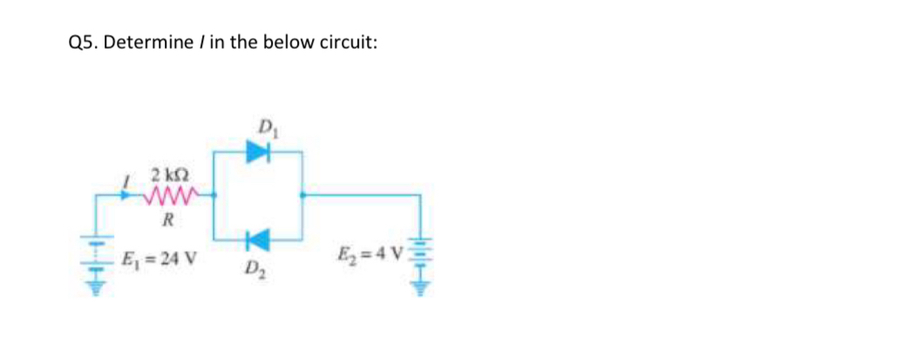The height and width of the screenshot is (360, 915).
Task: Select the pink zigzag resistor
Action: pyautogui.click(x=175, y=195)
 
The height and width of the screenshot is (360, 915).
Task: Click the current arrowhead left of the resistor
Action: pyautogui.click(x=132, y=195)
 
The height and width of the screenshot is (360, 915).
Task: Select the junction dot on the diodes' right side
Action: pyautogui.click(x=302, y=195)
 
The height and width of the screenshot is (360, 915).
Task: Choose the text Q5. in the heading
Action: pyautogui.click(x=84, y=44)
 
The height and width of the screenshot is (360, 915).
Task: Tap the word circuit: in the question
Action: pyautogui.click(x=347, y=44)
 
